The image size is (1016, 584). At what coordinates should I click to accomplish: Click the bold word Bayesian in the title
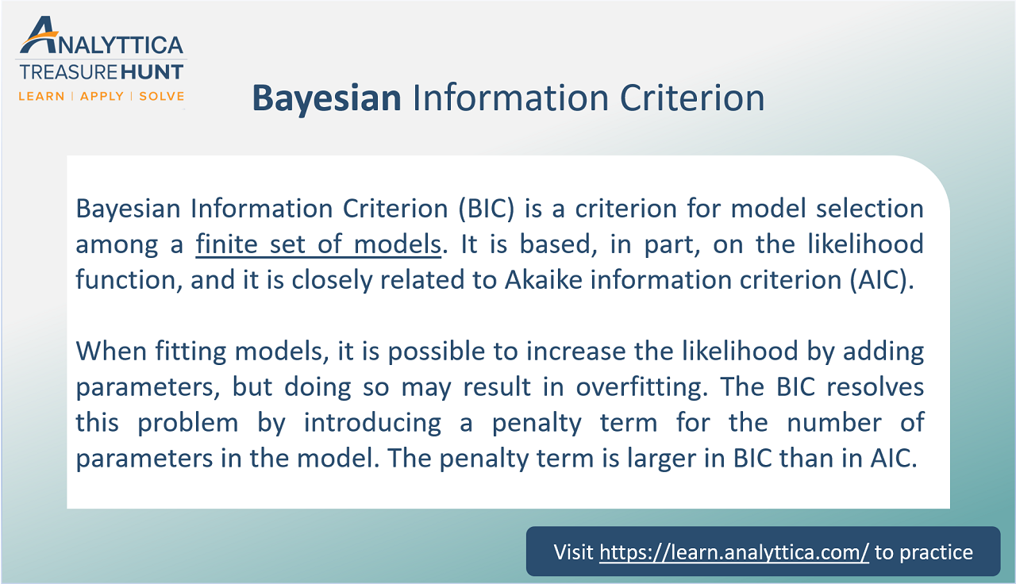coord(326,98)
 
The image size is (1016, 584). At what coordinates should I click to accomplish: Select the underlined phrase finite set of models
coord(318,244)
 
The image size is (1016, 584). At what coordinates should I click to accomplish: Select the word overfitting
coord(656,387)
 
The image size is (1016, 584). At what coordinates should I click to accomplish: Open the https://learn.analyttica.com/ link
coord(734,552)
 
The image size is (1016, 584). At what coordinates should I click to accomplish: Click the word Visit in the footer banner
coord(573,552)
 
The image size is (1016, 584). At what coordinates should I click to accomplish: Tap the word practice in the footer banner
coord(933,552)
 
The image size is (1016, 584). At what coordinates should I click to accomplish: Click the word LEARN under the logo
coord(42,96)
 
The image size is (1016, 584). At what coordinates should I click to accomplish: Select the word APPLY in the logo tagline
coord(102,96)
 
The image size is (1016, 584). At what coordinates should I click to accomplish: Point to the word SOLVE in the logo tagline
coord(161,96)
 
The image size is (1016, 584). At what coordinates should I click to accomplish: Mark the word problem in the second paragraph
coord(188,423)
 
